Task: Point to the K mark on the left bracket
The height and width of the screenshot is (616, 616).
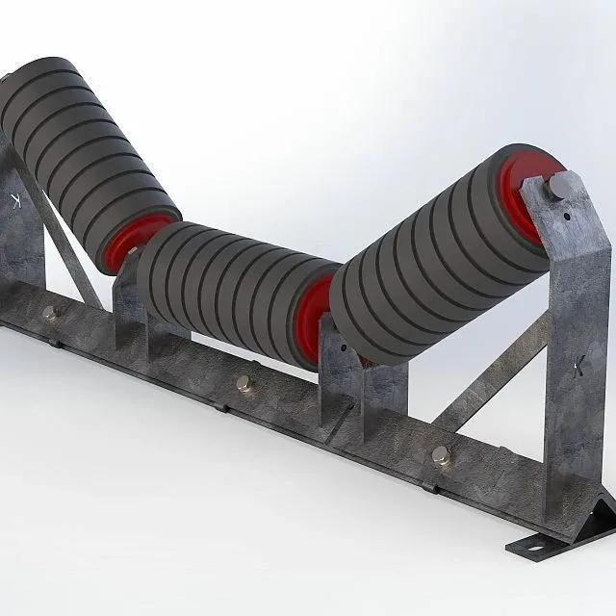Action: click(x=13, y=199)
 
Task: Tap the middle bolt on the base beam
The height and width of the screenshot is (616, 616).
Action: click(x=242, y=383)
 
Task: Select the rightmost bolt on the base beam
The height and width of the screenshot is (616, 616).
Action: click(x=441, y=455)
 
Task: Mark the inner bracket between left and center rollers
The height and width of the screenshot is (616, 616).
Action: click(x=127, y=303)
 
